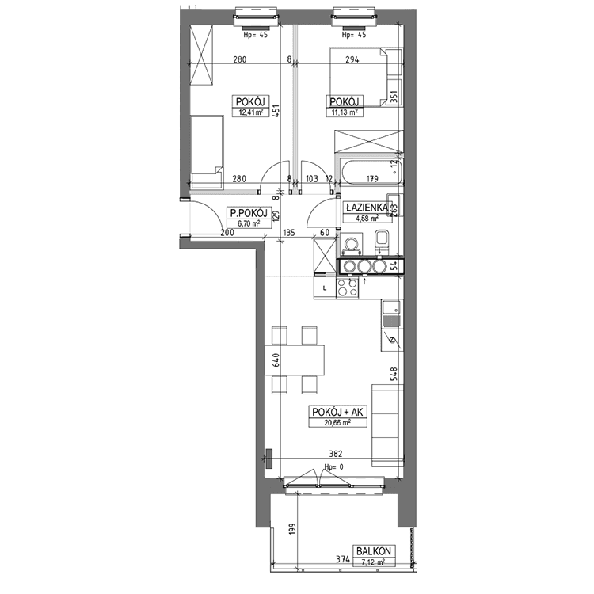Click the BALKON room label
coord(374,550)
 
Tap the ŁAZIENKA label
coord(366,208)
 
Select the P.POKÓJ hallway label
coord(249,213)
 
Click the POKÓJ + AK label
coord(338,412)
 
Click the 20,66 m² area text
coord(337,422)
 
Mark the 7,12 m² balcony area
coord(374,562)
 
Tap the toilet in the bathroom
coord(382,242)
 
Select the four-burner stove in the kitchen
coord(348,288)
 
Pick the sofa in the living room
coord(386,425)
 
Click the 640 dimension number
coord(276,360)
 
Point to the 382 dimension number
coord(336,454)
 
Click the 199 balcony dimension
coord(291,530)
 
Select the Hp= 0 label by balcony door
coord(333,467)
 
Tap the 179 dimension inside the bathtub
coord(372,178)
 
